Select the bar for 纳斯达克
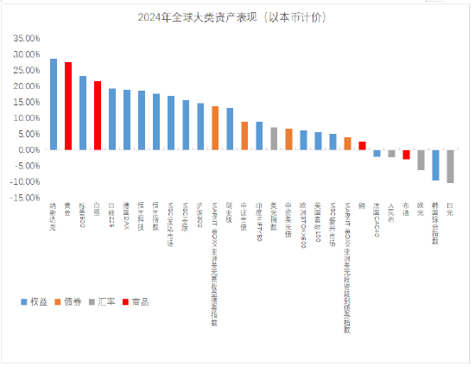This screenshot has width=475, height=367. tap(54, 104)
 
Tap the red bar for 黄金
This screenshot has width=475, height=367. tap(68, 106)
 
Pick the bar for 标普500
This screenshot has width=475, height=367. tap(83, 113)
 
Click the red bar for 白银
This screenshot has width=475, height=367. tap(98, 116)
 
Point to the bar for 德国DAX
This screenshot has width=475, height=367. tap(127, 120)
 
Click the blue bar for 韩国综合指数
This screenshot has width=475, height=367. tap(435, 165)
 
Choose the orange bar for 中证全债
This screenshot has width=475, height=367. tap(244, 136)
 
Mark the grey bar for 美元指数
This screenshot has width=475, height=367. tap(274, 139)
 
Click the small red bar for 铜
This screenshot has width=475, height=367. tap(362, 146)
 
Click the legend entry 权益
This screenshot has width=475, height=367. tap(33, 301)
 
